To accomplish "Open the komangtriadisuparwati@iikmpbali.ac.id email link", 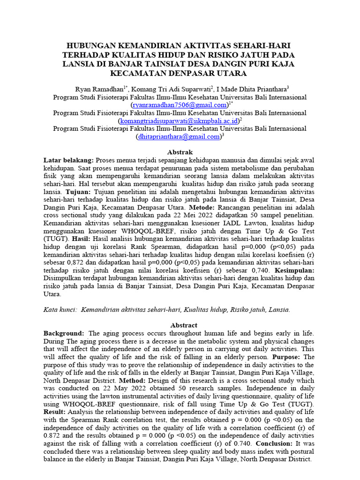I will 179,121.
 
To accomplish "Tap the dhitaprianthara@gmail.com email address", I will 179,137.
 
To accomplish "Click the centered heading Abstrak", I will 180,152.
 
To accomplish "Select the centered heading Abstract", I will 180,325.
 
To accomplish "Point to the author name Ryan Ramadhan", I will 99,89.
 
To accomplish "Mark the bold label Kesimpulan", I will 294,271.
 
